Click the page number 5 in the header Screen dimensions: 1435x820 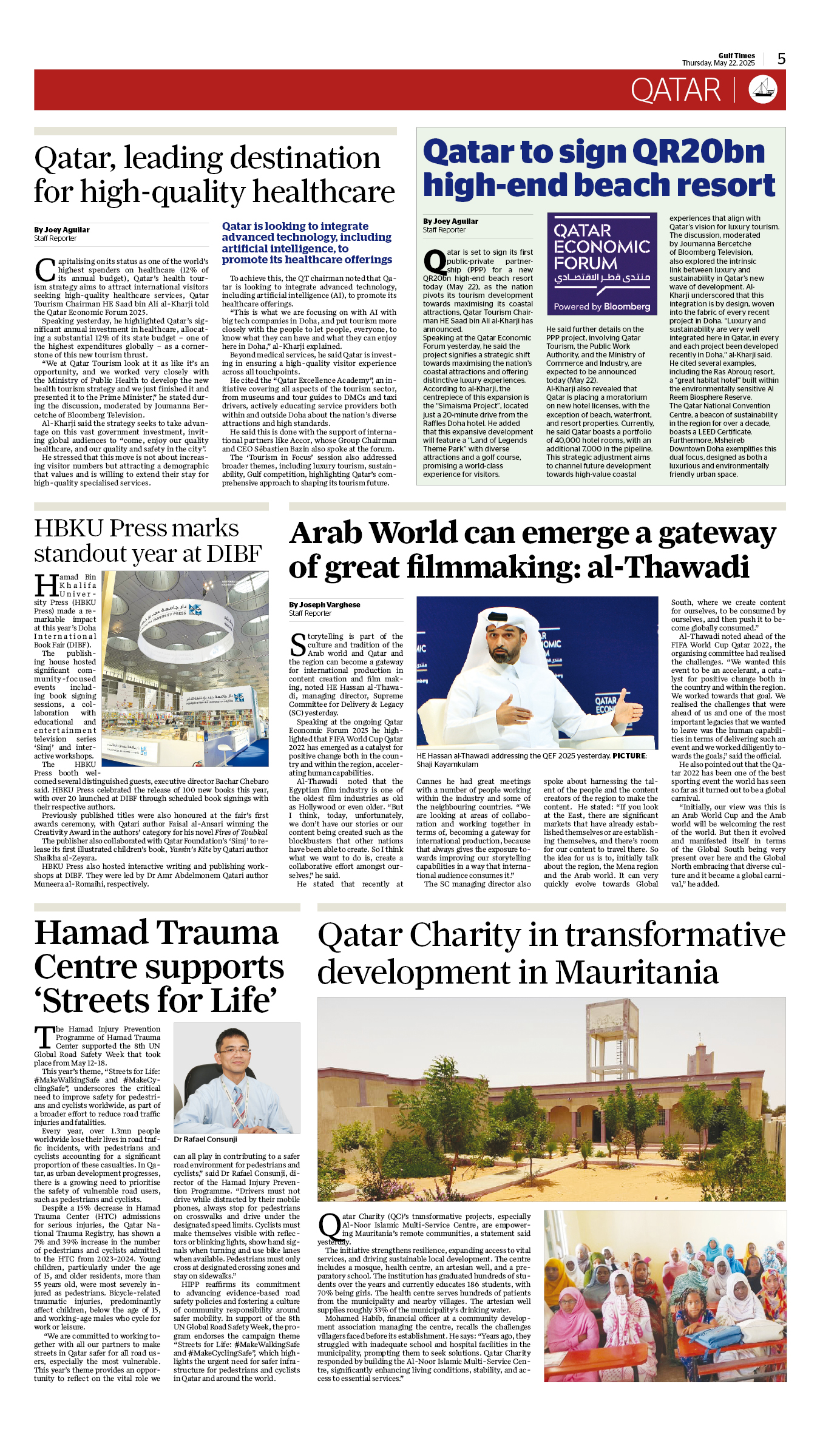coord(781,59)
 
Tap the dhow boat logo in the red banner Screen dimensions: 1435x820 coord(763,89)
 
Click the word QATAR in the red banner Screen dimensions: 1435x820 coord(676,90)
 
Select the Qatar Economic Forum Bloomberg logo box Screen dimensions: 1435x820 coord(601,263)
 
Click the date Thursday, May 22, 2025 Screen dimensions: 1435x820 coord(718,63)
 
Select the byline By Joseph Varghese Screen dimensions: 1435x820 coord(325,604)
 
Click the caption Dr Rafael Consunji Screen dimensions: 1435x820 coord(205,1139)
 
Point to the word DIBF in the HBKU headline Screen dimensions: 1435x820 coord(234,553)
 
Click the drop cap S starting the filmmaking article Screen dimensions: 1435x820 coord(297,644)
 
